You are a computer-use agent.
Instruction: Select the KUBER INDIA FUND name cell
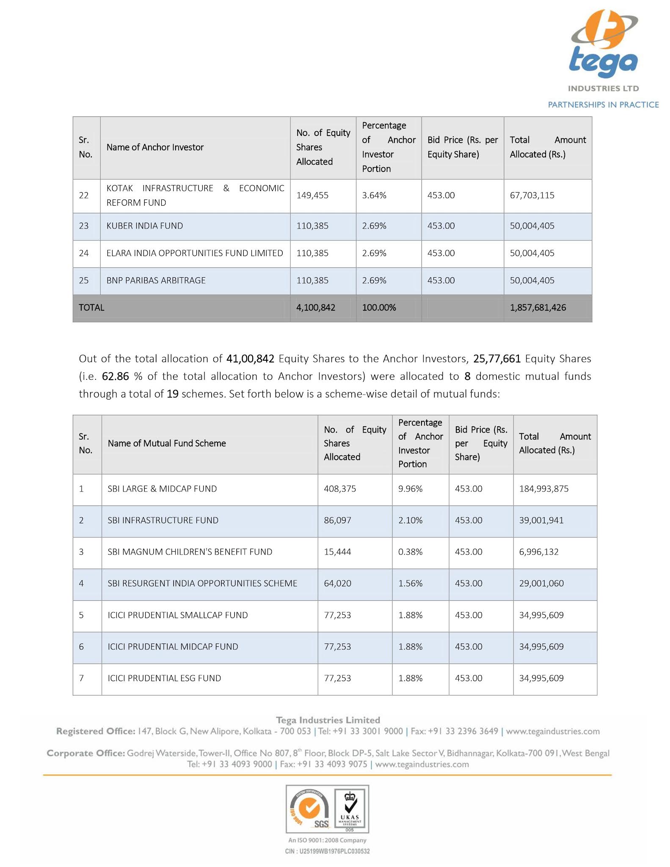tap(145, 226)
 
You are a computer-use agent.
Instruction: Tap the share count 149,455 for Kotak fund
tap(312, 196)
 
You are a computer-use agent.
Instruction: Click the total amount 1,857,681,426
tap(538, 308)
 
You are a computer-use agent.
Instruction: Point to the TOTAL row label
tap(91, 308)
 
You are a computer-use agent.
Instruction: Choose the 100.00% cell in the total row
tap(379, 308)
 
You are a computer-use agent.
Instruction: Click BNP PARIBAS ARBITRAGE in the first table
tap(156, 281)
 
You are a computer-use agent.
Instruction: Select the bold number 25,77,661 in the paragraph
tap(497, 359)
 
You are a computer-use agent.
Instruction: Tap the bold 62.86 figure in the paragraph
tap(115, 377)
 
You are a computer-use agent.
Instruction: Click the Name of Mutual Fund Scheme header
tap(167, 444)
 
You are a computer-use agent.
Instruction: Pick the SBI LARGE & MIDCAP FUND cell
tap(162, 489)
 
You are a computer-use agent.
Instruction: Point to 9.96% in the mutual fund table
tap(410, 489)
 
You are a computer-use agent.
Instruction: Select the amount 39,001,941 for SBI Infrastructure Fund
tap(541, 520)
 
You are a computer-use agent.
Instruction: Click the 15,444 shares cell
tap(337, 552)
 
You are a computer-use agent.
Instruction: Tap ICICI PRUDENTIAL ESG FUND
tap(164, 678)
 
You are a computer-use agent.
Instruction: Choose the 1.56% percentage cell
tap(410, 583)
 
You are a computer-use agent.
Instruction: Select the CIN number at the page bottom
tap(327, 851)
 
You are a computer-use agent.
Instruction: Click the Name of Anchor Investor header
tap(155, 148)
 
